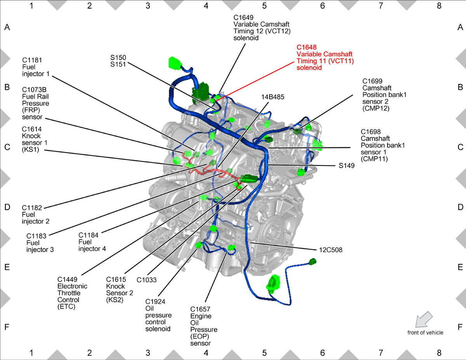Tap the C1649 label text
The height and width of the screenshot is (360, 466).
pos(243,17)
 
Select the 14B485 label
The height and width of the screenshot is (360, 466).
pos(273,97)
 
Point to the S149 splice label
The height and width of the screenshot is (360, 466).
pos(346,165)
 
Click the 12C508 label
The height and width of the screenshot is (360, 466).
pos(331,250)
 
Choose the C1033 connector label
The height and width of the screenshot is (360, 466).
pos(146,280)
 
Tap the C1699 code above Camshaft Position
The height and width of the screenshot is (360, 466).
pos(372,81)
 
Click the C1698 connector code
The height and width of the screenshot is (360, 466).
pos(370,132)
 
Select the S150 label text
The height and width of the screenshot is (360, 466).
pos(118,57)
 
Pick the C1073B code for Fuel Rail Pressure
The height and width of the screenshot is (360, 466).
pos(34,90)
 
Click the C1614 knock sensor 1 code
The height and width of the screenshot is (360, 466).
pos(32,129)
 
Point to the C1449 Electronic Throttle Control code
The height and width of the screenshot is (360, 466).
pos(67,279)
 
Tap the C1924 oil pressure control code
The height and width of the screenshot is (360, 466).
pos(155,301)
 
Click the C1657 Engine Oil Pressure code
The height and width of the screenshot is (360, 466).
pos(200,309)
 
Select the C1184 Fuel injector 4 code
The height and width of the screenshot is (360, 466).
pos(89,235)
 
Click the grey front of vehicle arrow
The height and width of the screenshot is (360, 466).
pos(423,320)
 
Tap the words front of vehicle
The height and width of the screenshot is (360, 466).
pos(425,332)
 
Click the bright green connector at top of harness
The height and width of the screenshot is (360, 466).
pos(175,63)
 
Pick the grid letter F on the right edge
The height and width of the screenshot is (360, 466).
pos(460,327)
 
